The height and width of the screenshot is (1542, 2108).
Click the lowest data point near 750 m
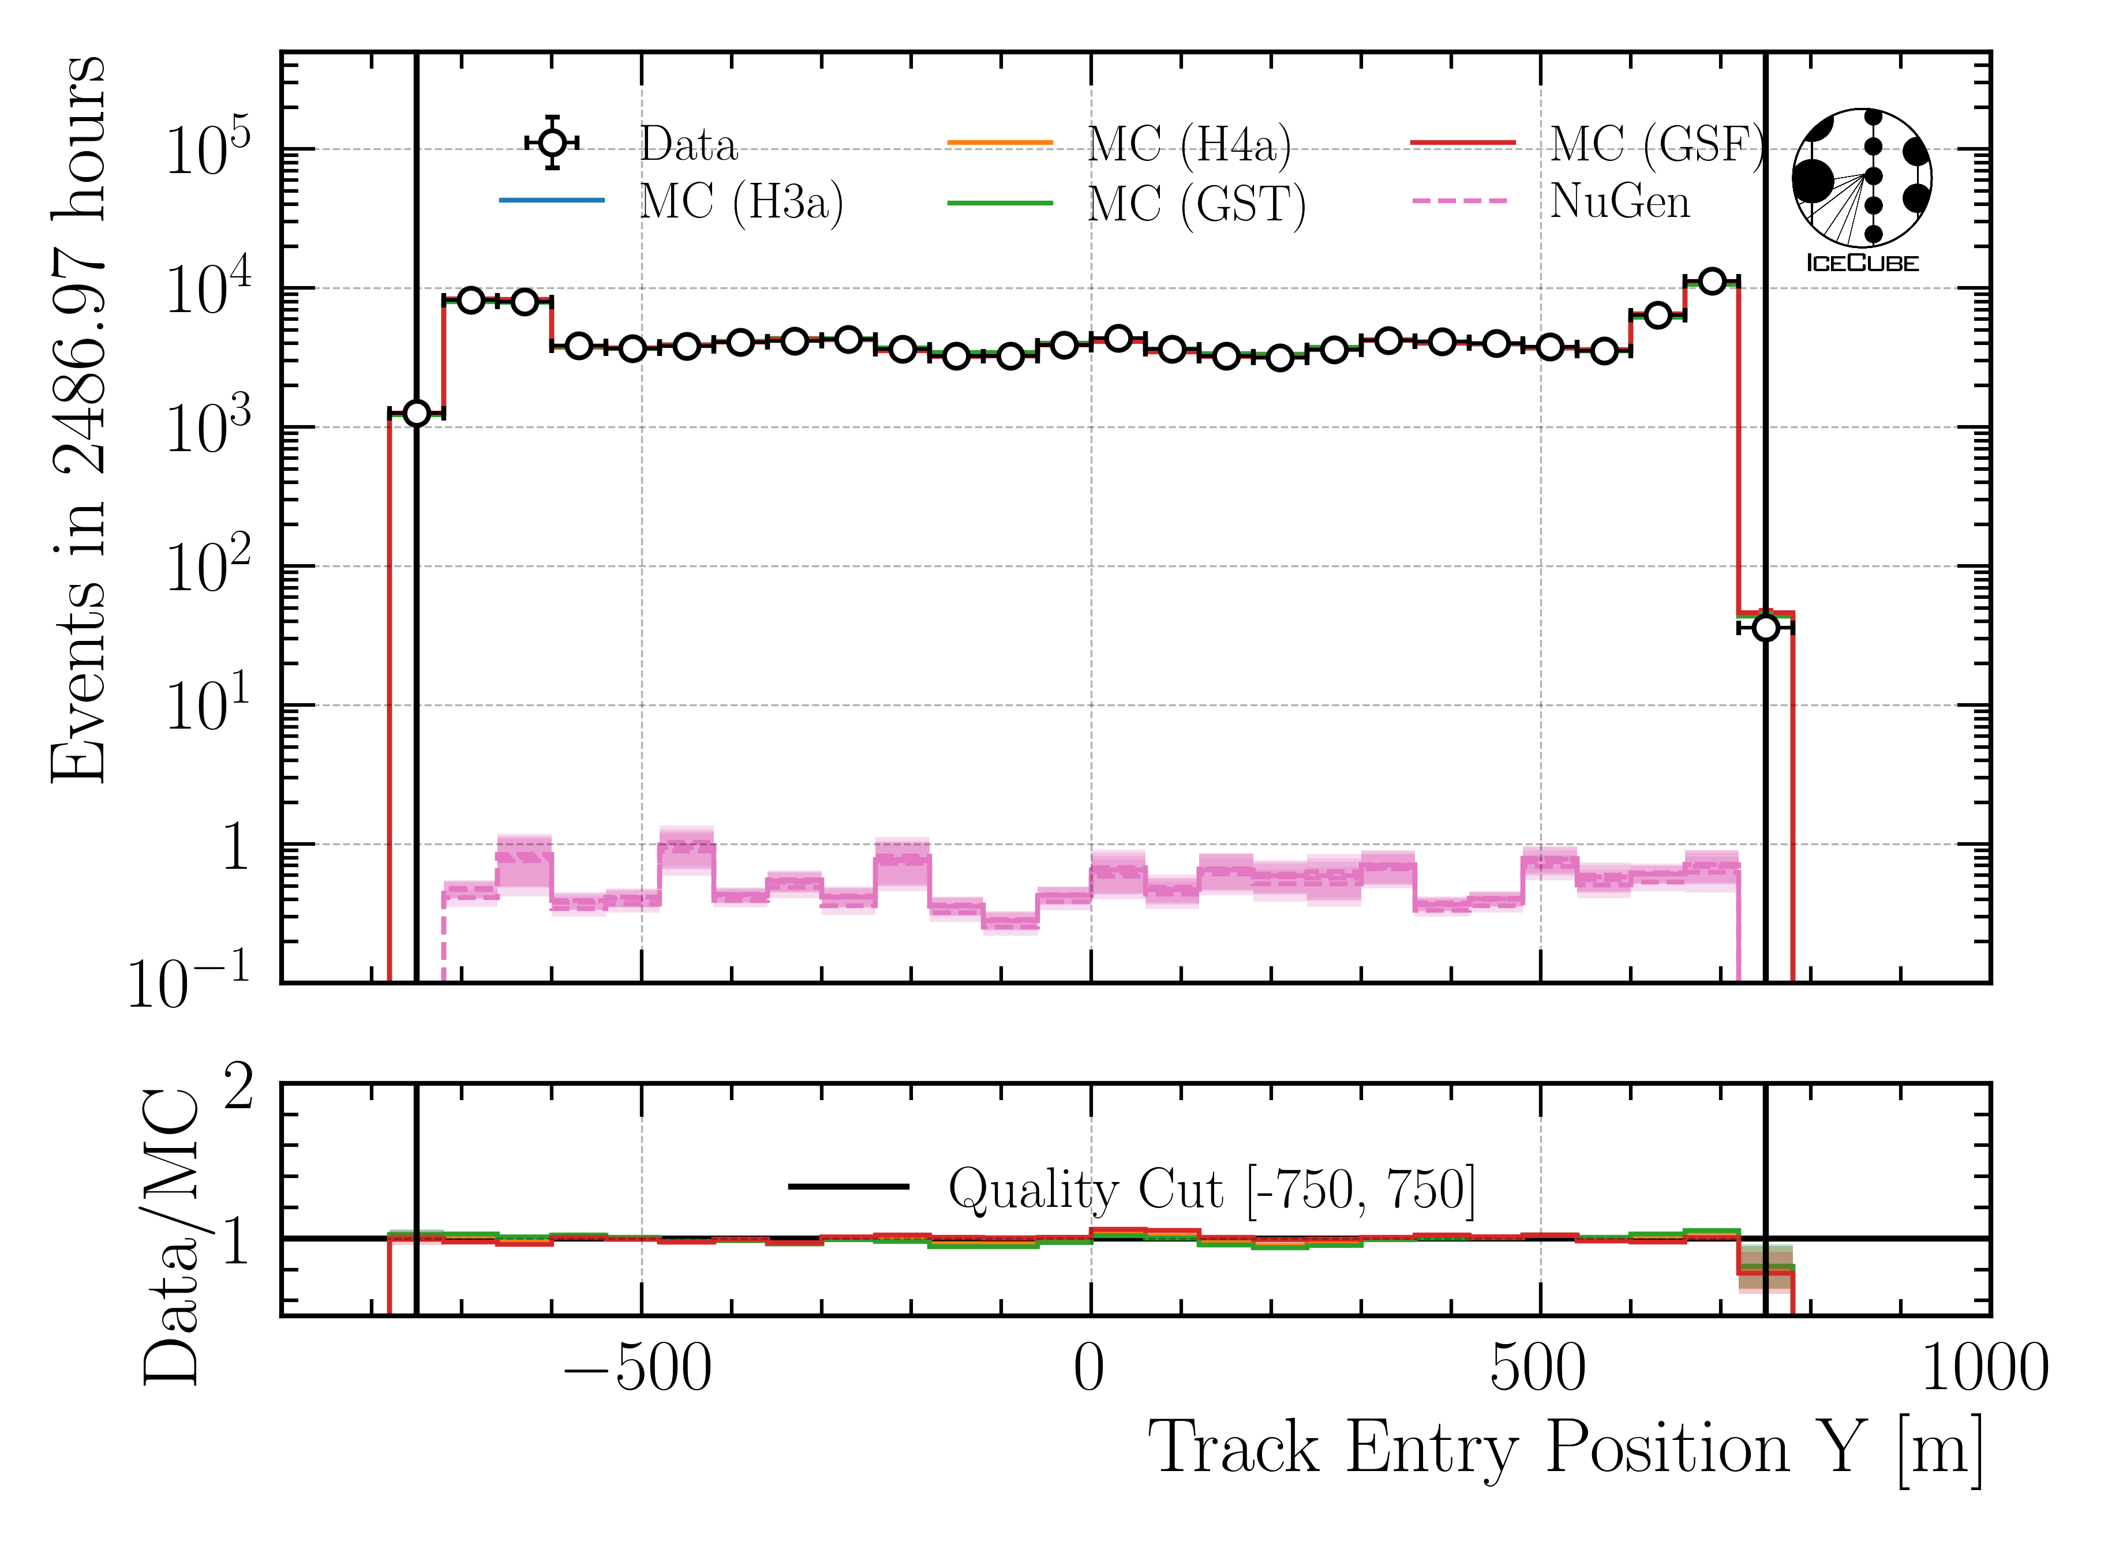pyautogui.click(x=1765, y=628)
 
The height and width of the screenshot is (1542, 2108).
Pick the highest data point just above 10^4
pyautogui.click(x=1711, y=281)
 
